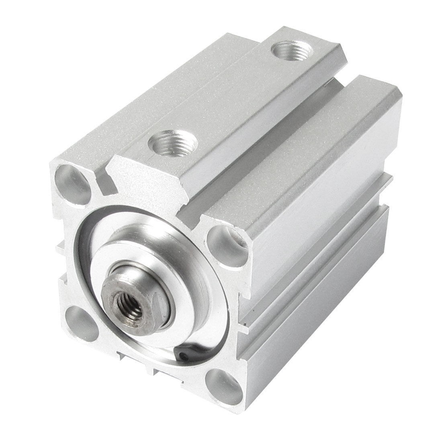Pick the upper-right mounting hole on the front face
tap(227, 244)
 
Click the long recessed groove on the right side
tap(321, 257)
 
